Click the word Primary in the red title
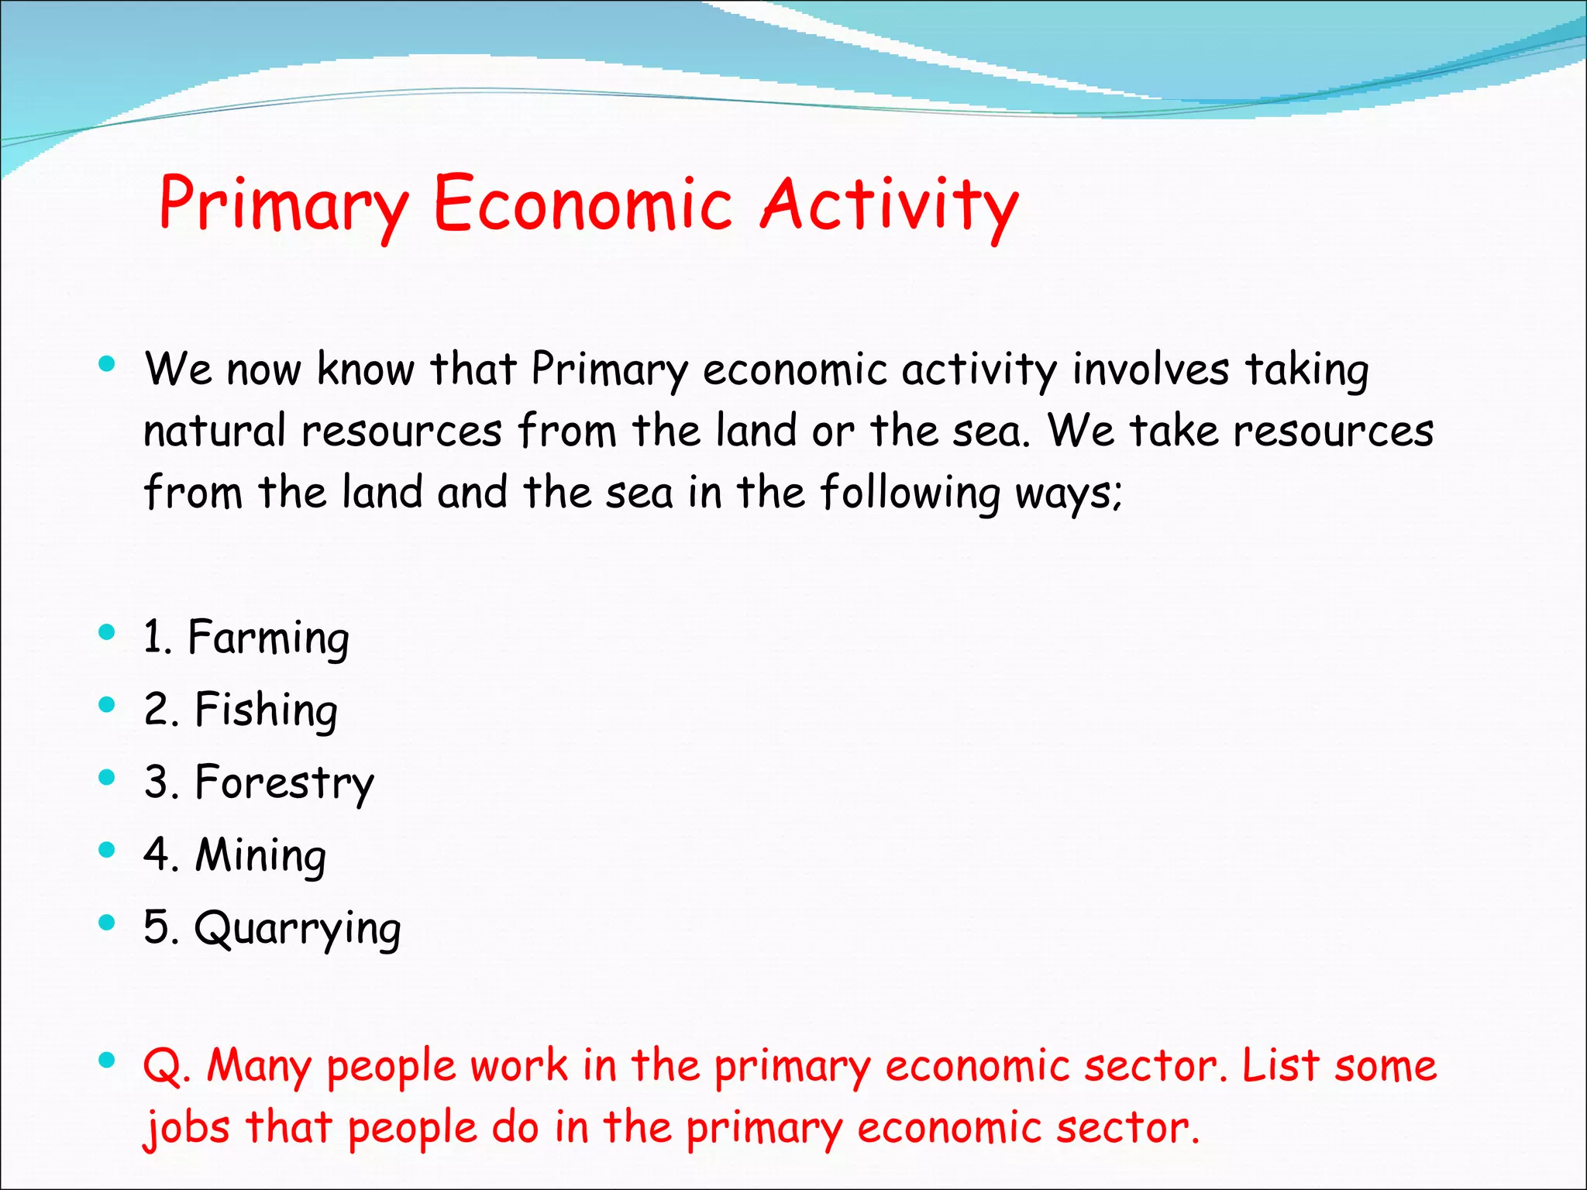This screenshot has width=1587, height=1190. (x=283, y=205)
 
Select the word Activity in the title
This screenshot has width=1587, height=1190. (x=889, y=205)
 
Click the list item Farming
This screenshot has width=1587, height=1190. (x=268, y=638)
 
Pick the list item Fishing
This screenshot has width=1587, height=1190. (x=266, y=710)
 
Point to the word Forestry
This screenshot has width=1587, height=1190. (x=284, y=782)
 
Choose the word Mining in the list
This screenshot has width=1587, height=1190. (x=260, y=855)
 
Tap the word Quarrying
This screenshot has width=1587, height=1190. (x=298, y=928)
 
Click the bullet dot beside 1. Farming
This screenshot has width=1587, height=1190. (x=107, y=632)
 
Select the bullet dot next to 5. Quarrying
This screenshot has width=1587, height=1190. (x=107, y=922)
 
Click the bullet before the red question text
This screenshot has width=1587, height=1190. (x=107, y=1060)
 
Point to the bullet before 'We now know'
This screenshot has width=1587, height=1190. (x=107, y=363)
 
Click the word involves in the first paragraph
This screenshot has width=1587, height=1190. (x=1150, y=369)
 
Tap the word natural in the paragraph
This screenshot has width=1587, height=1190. (x=215, y=431)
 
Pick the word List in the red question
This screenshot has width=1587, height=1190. (x=1280, y=1065)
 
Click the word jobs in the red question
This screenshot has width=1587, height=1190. (x=187, y=1128)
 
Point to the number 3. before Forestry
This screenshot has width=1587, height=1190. (x=161, y=782)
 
